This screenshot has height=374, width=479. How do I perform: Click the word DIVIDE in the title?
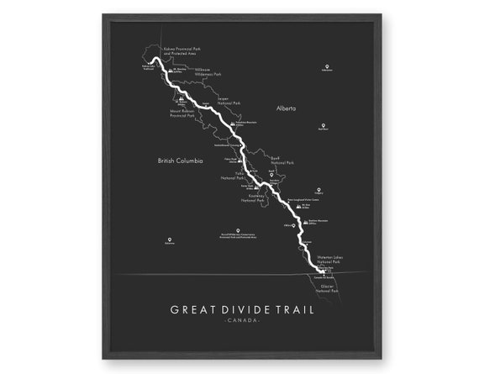[239, 308]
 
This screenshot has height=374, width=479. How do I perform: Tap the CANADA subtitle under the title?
[241, 320]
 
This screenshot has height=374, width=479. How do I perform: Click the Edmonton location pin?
[326, 66]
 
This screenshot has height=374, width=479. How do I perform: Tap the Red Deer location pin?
[323, 125]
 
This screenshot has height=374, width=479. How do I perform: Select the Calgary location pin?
[318, 189]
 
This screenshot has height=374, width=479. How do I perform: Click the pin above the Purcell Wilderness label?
[239, 231]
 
